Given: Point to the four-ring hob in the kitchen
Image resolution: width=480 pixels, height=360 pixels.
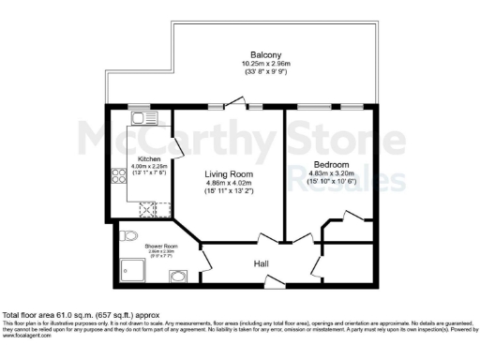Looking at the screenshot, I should [119, 176].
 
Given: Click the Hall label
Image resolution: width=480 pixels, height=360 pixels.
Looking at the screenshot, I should [262, 264].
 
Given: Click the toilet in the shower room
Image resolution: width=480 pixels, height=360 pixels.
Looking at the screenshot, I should [128, 234].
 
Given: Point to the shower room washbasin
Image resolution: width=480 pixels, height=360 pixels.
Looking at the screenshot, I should [178, 276].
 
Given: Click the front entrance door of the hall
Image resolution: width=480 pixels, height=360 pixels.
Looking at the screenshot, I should [273, 280].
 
